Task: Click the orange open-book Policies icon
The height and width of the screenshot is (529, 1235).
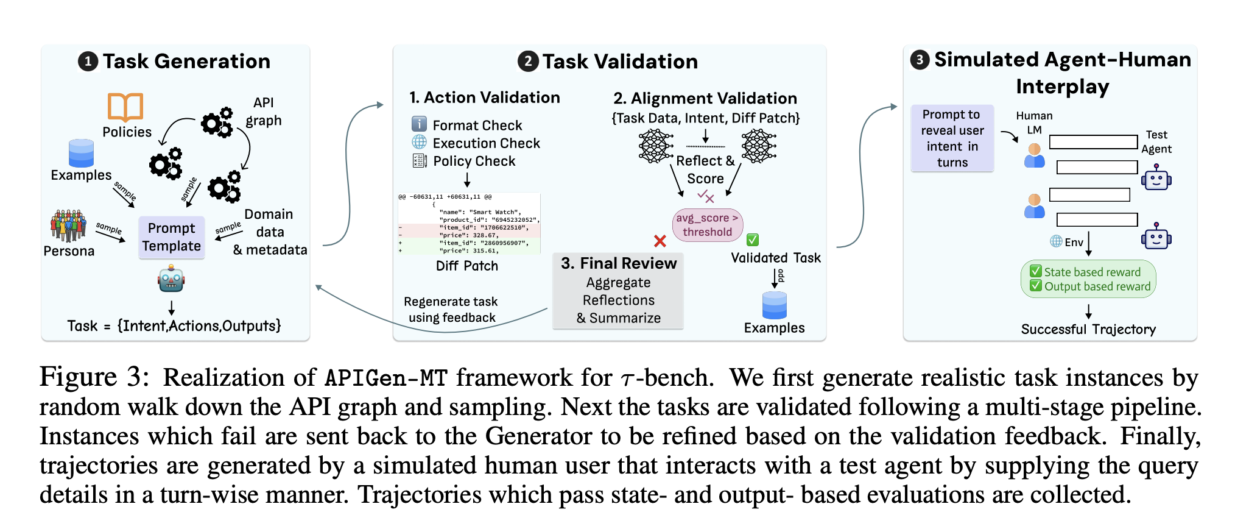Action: [125, 107]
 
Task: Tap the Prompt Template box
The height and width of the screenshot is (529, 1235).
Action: [171, 237]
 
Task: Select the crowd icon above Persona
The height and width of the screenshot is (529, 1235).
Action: [68, 225]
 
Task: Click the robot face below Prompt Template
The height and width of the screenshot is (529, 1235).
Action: [171, 279]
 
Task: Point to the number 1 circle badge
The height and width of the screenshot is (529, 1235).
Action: [88, 62]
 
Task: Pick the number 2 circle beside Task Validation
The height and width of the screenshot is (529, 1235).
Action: [528, 62]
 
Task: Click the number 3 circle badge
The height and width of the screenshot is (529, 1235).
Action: [920, 60]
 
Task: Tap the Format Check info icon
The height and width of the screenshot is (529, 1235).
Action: [419, 124]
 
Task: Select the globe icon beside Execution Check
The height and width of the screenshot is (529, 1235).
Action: [419, 143]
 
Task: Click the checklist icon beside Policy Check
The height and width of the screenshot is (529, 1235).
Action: [419, 161]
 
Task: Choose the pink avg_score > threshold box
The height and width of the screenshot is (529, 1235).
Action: [707, 225]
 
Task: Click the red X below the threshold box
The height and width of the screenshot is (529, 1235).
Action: [660, 241]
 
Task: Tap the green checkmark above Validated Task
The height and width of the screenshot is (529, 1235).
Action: [753, 240]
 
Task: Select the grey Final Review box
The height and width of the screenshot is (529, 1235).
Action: [618, 291]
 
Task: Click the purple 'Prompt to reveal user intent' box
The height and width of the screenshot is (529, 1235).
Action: [952, 138]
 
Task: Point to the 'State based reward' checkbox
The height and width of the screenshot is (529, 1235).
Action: [1035, 271]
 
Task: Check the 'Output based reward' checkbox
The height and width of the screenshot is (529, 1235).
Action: [1035, 286]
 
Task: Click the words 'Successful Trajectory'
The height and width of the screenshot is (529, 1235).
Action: [1088, 330]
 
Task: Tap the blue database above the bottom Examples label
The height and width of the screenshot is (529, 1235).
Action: [774, 305]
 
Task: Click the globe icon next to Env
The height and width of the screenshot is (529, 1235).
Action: [1056, 241]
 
